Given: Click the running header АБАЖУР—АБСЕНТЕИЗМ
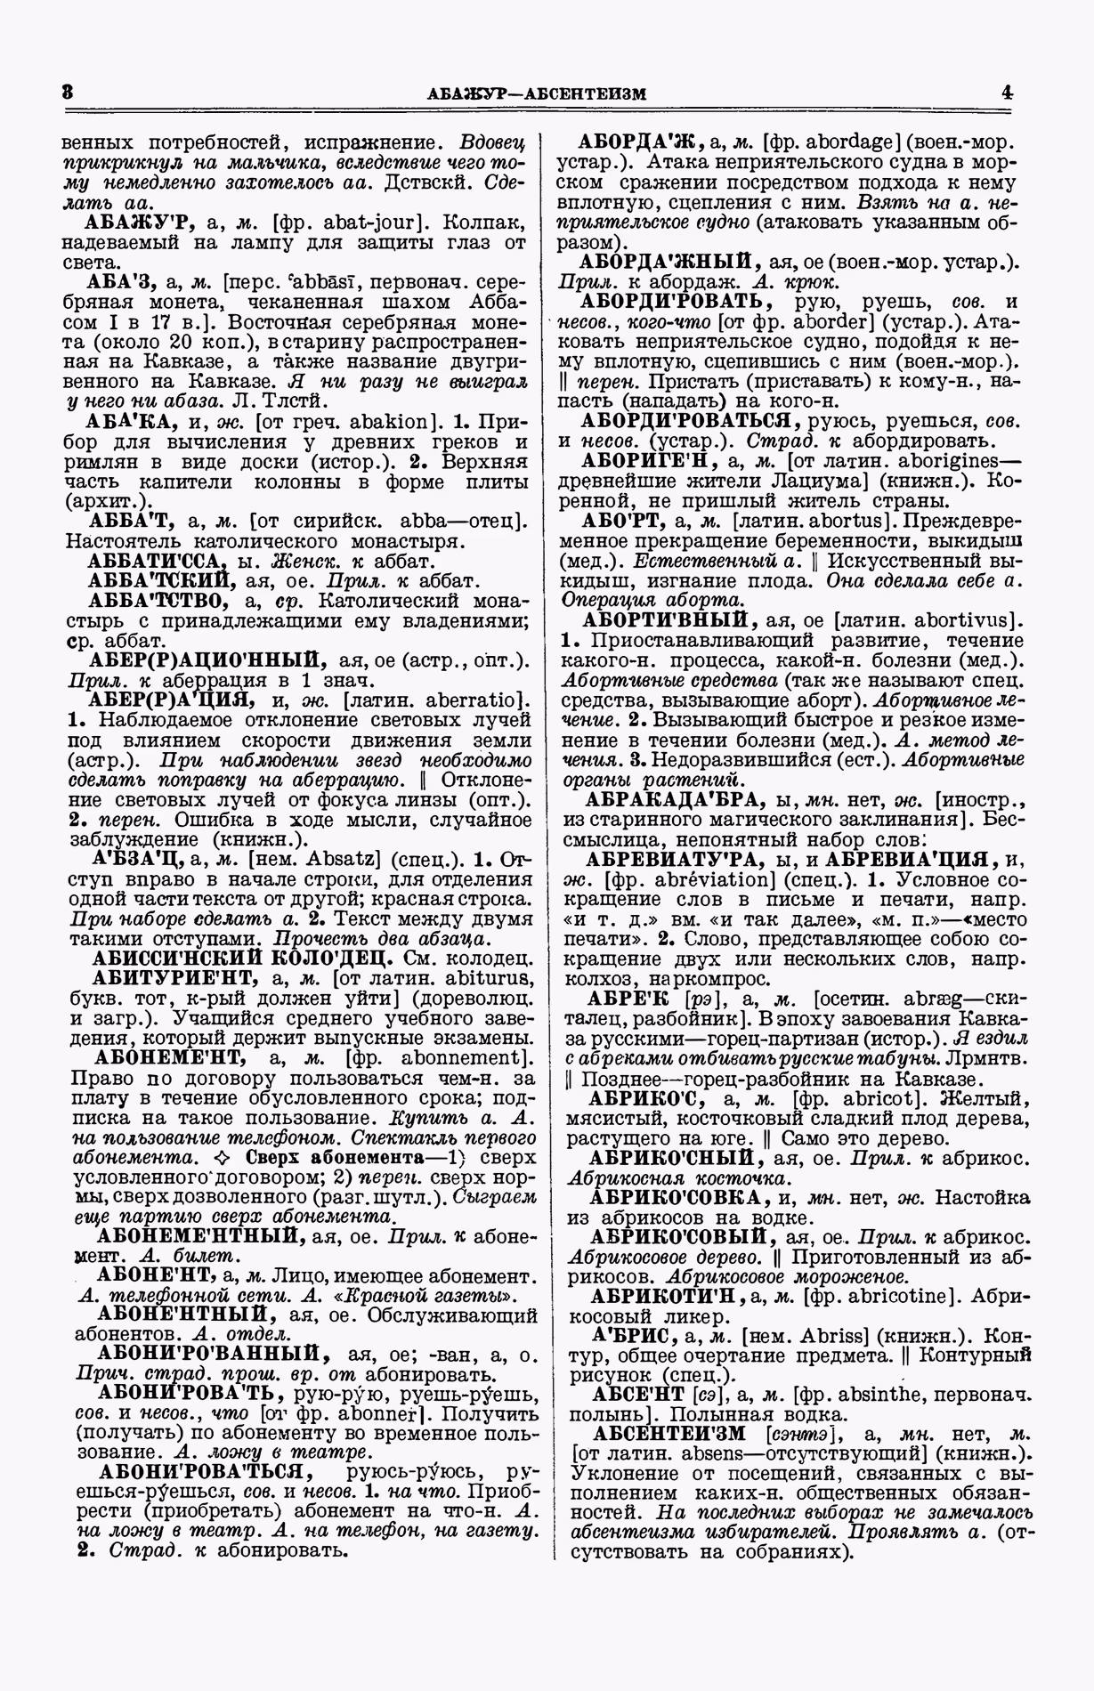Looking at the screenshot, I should (x=536, y=93).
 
